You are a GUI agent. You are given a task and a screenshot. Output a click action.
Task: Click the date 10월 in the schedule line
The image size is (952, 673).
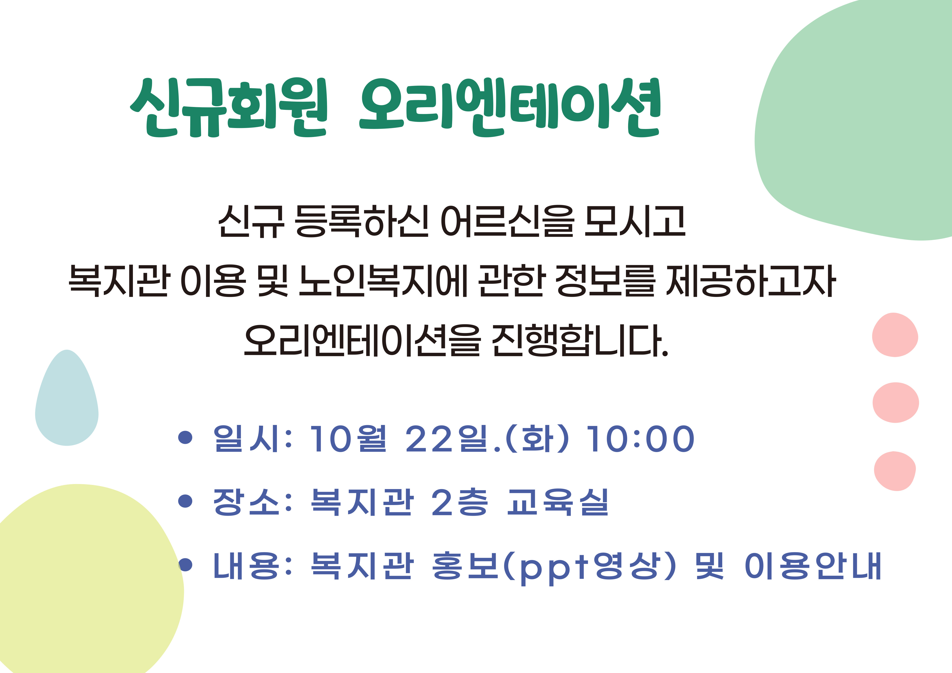point(349,438)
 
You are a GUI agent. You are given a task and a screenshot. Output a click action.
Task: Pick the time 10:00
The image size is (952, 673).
point(641,438)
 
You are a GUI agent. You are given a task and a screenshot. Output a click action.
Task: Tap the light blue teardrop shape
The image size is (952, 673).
point(67,398)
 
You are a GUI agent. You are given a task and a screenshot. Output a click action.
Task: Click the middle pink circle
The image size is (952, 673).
point(896,402)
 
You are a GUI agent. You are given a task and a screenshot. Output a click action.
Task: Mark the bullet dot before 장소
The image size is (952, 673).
point(185,501)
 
